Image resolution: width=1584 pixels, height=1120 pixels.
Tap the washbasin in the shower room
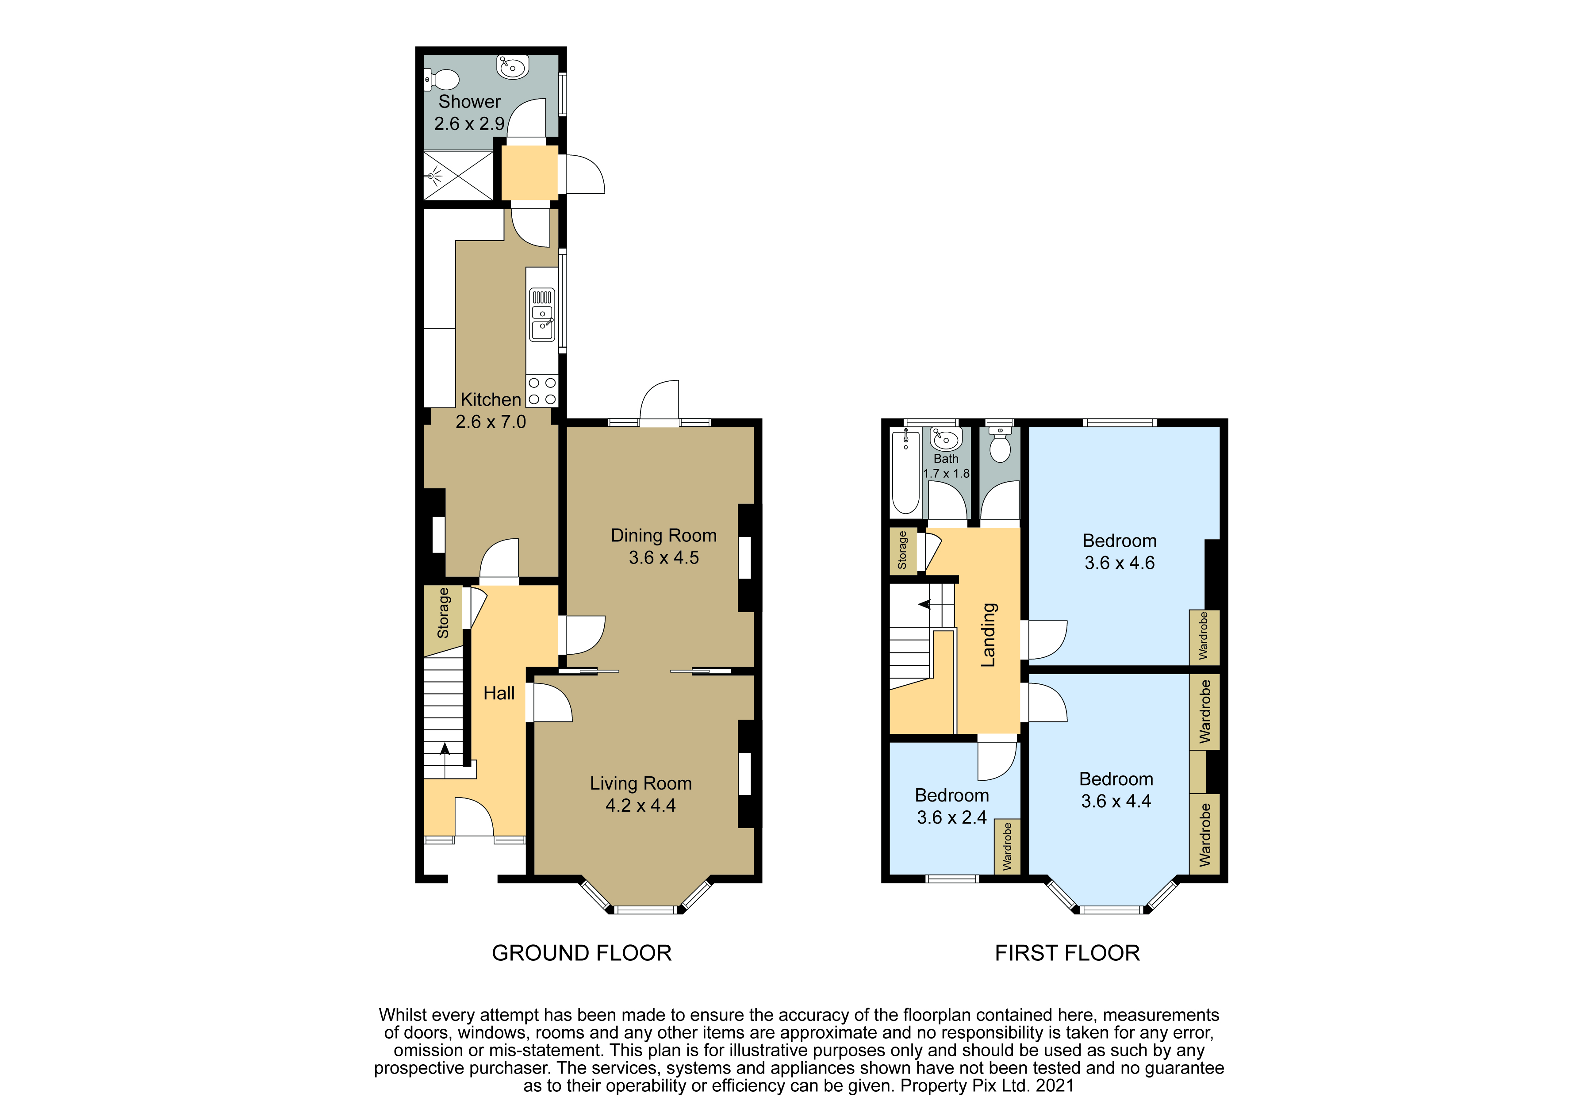(x=513, y=67)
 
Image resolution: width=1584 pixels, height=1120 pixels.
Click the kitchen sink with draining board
(x=542, y=315)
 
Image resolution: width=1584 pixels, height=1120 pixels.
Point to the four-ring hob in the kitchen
(x=542, y=391)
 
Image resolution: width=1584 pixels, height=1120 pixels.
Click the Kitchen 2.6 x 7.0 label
(x=491, y=410)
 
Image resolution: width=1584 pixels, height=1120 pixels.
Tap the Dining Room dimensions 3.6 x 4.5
(x=664, y=558)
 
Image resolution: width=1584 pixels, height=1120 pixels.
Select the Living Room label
(x=641, y=783)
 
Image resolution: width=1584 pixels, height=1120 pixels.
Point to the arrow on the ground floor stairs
(x=445, y=749)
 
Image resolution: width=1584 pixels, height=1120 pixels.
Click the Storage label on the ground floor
(x=443, y=613)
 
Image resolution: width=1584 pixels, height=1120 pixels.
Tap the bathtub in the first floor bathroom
(x=905, y=472)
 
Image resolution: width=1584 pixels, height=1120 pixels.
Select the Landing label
(x=989, y=635)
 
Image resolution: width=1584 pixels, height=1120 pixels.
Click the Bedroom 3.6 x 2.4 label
(x=952, y=806)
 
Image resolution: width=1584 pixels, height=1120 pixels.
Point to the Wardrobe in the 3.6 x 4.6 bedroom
(x=1204, y=636)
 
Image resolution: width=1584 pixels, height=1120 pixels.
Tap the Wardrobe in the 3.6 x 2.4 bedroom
(x=1007, y=846)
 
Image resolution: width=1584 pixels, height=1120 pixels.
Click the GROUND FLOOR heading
(x=582, y=953)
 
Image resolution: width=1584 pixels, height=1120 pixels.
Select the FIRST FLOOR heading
(x=1067, y=953)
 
